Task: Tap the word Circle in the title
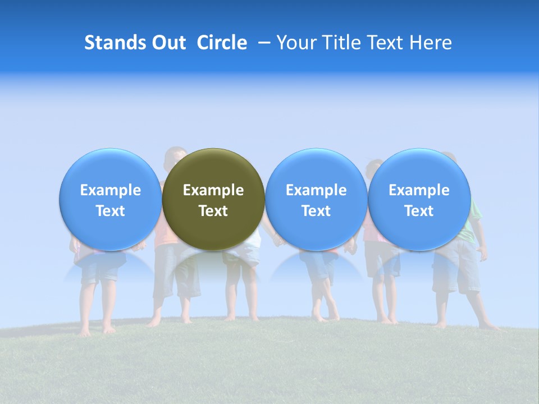[x=222, y=43]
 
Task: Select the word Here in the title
[x=431, y=43]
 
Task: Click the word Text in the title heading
[x=386, y=43]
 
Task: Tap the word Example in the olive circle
[x=213, y=190]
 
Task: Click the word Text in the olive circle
[x=213, y=211]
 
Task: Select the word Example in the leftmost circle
[x=111, y=190]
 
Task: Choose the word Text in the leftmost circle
[x=111, y=211]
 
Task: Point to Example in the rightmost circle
[x=419, y=190]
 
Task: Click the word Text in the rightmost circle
[x=419, y=211]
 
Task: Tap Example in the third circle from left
[x=316, y=190]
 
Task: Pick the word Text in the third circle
[x=316, y=211]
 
